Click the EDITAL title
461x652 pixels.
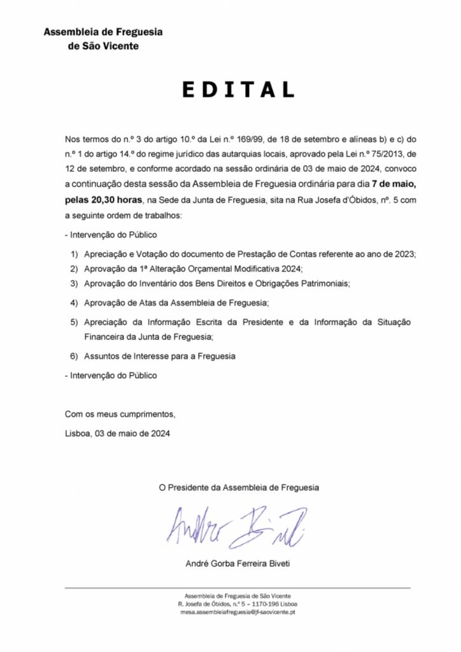click(238, 90)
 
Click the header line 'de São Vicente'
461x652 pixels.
click(103, 46)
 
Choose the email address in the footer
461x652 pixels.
click(238, 611)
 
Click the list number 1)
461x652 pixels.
click(74, 254)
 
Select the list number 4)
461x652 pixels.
click(74, 302)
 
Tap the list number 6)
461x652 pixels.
click(74, 356)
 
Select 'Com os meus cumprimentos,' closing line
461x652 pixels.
click(120, 415)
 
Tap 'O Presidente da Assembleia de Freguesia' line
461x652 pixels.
click(239, 488)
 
